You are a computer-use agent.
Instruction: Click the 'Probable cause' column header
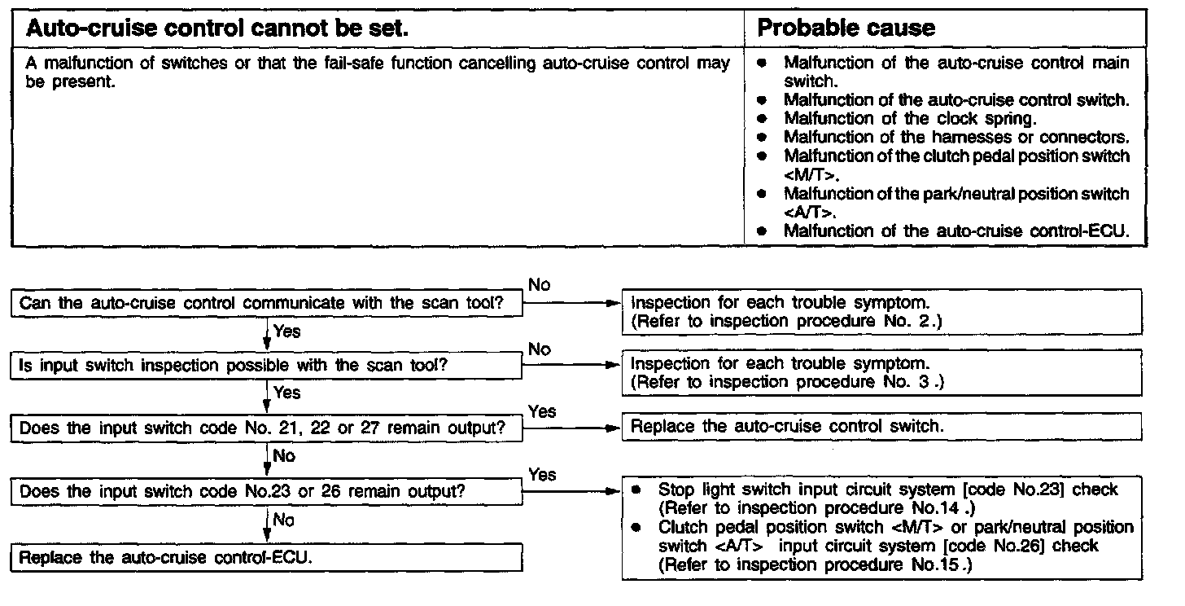846,29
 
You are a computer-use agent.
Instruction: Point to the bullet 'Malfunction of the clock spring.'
910,119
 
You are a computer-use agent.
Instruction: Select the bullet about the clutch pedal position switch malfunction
956,156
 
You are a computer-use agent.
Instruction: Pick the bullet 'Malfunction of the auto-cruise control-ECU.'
956,231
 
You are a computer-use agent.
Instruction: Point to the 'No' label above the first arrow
539,285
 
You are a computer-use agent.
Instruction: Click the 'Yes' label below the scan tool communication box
286,332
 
